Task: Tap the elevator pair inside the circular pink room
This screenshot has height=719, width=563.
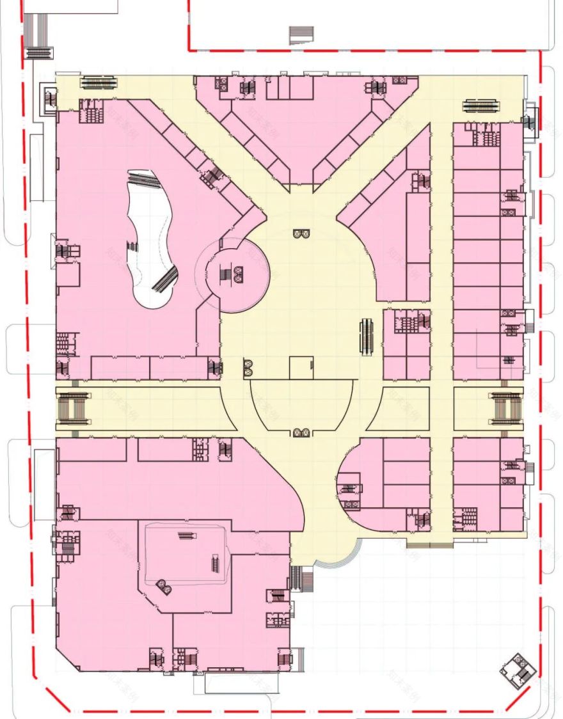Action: [238, 274]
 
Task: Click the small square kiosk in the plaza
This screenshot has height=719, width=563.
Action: [301, 368]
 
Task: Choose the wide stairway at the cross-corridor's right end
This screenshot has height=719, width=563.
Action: [507, 409]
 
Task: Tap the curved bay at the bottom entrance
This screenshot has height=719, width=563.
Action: [337, 559]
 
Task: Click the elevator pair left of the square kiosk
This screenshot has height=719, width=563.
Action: [249, 368]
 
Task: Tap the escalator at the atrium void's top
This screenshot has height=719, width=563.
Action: [142, 177]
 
